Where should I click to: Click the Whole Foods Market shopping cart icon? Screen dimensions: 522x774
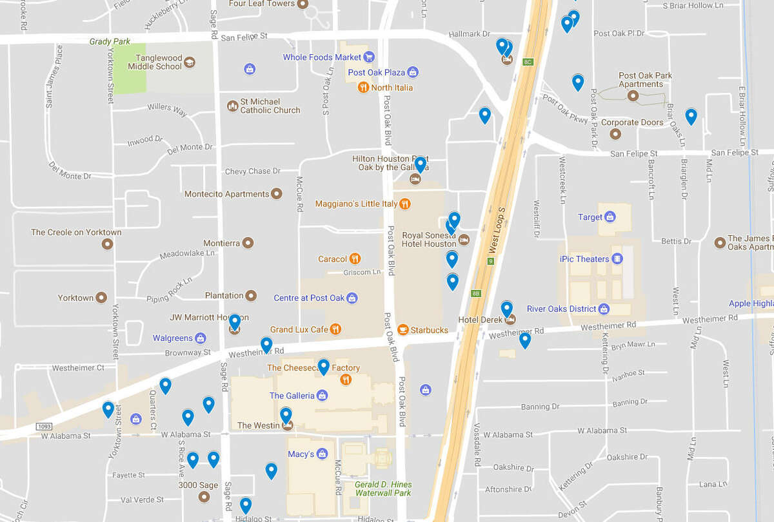(369, 57)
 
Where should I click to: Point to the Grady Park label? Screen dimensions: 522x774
(110, 42)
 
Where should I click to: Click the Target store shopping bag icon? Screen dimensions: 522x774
(610, 217)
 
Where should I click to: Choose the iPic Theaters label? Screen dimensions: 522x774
(584, 259)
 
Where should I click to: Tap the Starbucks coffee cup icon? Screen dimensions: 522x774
(403, 330)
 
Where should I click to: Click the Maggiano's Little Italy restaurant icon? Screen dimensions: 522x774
(404, 204)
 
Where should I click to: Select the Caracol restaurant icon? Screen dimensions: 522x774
(355, 259)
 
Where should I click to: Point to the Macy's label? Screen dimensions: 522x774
(301, 454)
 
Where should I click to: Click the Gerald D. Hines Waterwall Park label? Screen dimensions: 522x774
(383, 488)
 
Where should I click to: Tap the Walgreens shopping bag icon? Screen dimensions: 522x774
(201, 338)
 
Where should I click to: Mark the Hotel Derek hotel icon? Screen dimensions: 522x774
(510, 320)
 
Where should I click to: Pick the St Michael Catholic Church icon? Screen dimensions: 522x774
(232, 106)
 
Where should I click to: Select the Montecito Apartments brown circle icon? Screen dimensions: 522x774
(277, 193)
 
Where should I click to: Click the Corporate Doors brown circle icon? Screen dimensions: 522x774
(615, 134)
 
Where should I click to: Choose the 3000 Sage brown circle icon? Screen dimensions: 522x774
(204, 497)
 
